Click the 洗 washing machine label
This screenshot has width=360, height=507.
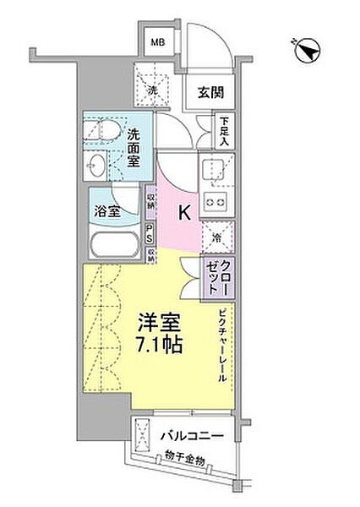[155, 90]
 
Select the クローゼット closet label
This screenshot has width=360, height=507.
[218, 277]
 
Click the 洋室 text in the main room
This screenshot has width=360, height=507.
[157, 324]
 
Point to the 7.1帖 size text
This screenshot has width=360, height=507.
[155, 346]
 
